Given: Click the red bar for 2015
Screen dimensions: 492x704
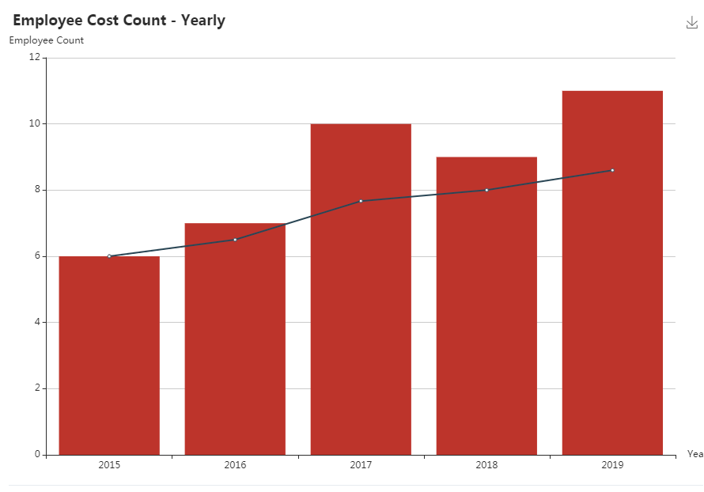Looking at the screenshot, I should pyautogui.click(x=109, y=356).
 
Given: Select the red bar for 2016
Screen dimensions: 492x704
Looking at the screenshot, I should pyautogui.click(x=235, y=340).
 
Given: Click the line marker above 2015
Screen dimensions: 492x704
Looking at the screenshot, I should pyautogui.click(x=109, y=256).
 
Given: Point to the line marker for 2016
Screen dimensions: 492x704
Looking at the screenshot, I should pyautogui.click(x=235, y=240).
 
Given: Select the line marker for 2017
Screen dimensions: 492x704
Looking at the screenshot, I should pyautogui.click(x=361, y=201).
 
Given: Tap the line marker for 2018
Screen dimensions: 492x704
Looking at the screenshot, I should pyautogui.click(x=486, y=190).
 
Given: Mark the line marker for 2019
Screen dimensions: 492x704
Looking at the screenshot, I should pyautogui.click(x=612, y=170).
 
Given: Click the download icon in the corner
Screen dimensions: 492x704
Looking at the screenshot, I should pyautogui.click(x=692, y=23).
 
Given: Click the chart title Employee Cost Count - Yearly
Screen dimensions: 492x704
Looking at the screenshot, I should pyautogui.click(x=119, y=21).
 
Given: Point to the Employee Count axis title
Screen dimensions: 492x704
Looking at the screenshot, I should pyautogui.click(x=47, y=40).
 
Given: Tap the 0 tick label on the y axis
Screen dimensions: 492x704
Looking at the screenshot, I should pyautogui.click(x=37, y=454).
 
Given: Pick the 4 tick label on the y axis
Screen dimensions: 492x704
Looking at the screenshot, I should pyautogui.click(x=37, y=322).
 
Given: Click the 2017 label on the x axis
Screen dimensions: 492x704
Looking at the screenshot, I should pyautogui.click(x=361, y=465).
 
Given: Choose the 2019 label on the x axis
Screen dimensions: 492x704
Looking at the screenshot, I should pyautogui.click(x=612, y=465).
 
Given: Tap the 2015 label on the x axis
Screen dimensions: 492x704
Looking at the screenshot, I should pyautogui.click(x=109, y=465).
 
